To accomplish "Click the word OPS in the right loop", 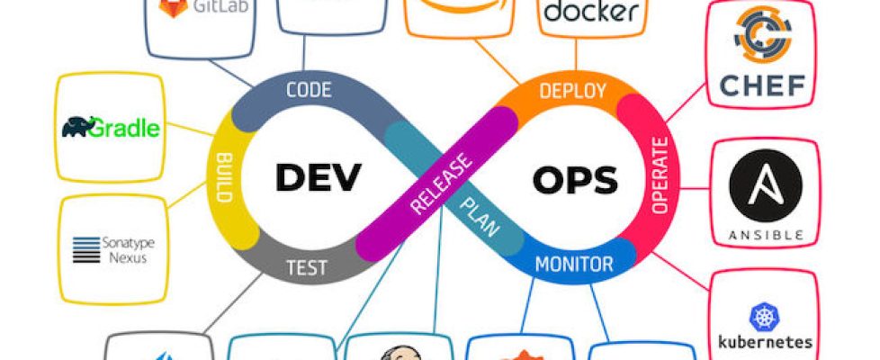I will pyautogui.click(x=576, y=180).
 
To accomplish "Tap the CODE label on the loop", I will pyautogui.click(x=309, y=90).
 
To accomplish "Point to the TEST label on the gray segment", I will pyautogui.click(x=306, y=266).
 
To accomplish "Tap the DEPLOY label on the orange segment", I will pyautogui.click(x=572, y=91).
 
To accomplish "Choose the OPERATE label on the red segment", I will pyautogui.click(x=658, y=176).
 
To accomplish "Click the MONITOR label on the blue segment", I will pyautogui.click(x=574, y=265).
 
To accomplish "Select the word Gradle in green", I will pyautogui.click(x=126, y=129).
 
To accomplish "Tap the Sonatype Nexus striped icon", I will pyautogui.click(x=86, y=248).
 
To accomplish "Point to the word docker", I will pyautogui.click(x=591, y=13).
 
